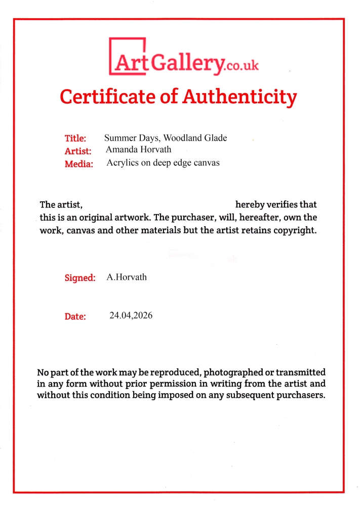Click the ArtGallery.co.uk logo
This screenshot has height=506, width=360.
184,60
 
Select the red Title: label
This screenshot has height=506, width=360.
75,138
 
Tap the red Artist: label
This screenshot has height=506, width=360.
78,151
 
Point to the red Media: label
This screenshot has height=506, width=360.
79,164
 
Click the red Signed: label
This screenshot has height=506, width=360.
80,278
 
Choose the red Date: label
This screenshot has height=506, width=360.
75,317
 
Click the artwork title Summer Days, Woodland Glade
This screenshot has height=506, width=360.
166,138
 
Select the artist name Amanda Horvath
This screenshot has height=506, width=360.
139,150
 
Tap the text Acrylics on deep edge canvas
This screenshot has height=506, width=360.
163,163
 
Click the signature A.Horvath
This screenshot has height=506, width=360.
127,277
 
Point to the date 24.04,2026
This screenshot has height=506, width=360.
131,316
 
